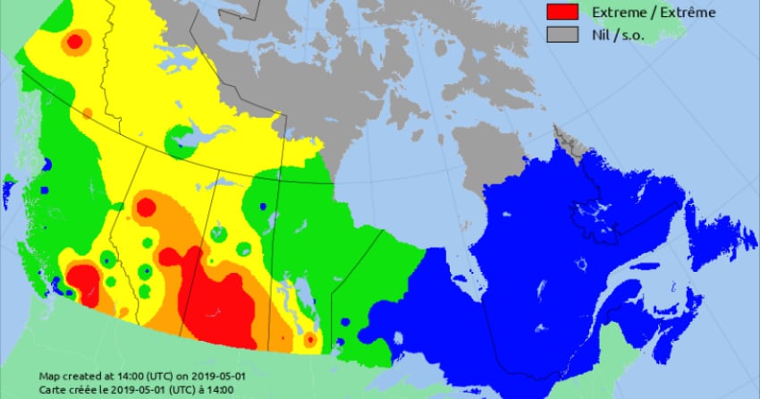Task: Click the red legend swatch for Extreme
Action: click(562, 12)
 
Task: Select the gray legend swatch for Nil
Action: click(562, 34)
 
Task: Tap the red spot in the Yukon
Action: click(75, 40)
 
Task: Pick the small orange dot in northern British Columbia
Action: click(87, 113)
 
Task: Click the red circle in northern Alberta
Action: click(145, 208)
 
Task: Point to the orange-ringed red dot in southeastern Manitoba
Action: click(309, 339)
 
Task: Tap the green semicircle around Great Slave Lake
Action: click(183, 141)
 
